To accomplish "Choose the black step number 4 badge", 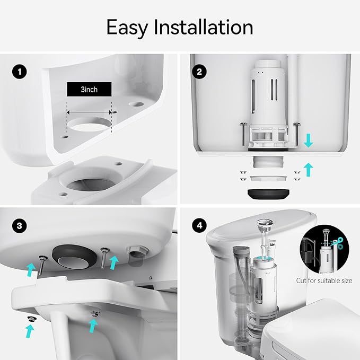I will [200, 225].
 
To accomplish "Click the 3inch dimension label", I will [89, 90].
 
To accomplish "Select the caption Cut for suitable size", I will [324, 280].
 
